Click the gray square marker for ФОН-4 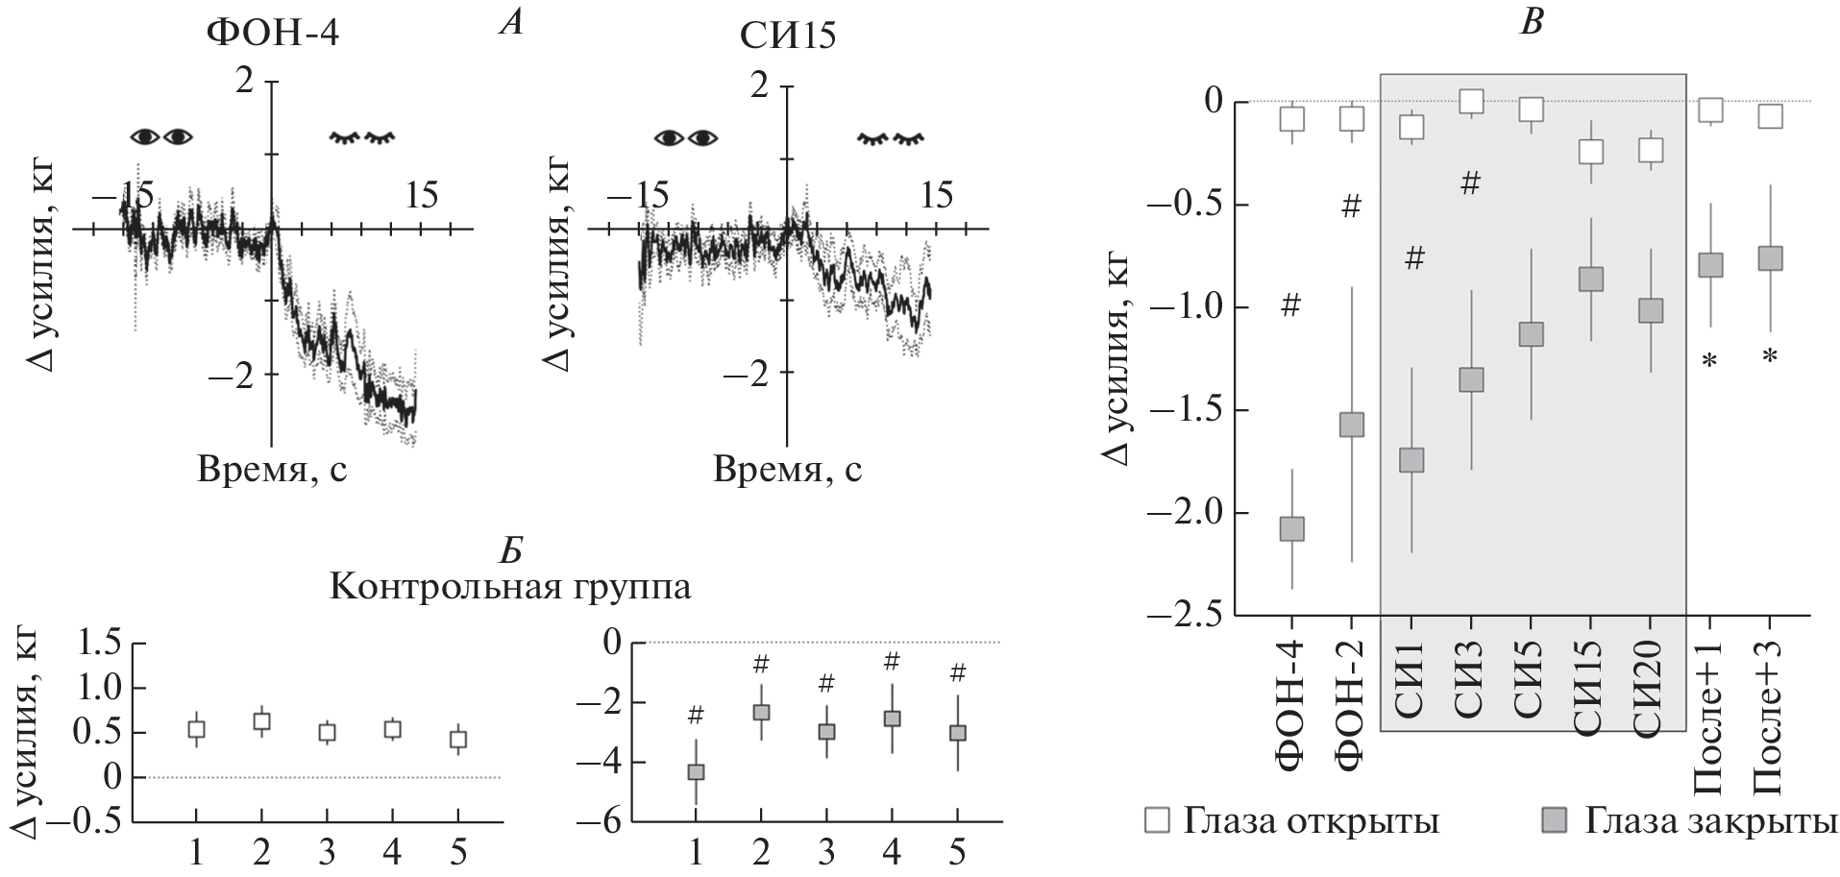pyautogui.click(x=1292, y=528)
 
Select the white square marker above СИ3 pyautogui.click(x=1471, y=101)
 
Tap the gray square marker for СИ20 pyautogui.click(x=1651, y=310)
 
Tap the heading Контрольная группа pyautogui.click(x=510, y=586)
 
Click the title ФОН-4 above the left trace pyautogui.click(x=274, y=36)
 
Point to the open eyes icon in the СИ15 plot pyautogui.click(x=686, y=137)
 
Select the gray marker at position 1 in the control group pyautogui.click(x=696, y=771)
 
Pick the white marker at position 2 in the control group pyautogui.click(x=261, y=721)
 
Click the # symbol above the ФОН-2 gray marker pyautogui.click(x=1351, y=207)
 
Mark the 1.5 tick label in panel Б pyautogui.click(x=101, y=644)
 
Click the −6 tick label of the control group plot pyautogui.click(x=598, y=823)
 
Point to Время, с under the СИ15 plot pyautogui.click(x=788, y=471)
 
